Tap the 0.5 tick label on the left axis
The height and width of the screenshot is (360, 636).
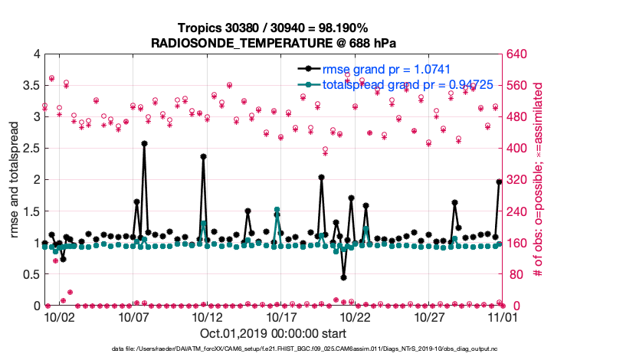(31, 274)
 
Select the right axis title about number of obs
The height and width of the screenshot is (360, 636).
(538, 180)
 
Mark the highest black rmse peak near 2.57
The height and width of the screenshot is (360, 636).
(144, 143)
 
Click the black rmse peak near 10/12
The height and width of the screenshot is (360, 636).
(203, 156)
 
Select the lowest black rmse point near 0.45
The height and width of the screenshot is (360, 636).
(344, 277)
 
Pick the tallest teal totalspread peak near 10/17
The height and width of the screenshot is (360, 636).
(277, 209)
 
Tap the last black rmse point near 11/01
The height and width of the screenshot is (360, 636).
(499, 182)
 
